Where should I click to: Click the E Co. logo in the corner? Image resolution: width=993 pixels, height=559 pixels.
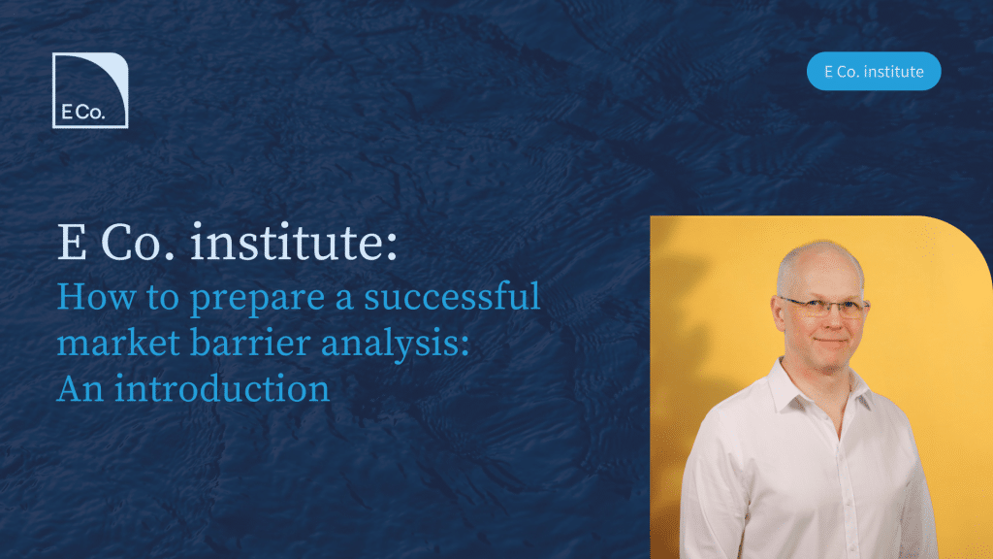(x=90, y=90)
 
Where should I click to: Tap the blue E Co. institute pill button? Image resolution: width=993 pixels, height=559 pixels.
(x=874, y=71)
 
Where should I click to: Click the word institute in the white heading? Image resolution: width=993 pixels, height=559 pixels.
(x=287, y=242)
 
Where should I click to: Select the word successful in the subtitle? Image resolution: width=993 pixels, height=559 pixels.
(x=452, y=296)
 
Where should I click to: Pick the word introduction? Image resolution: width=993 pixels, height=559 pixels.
(x=222, y=388)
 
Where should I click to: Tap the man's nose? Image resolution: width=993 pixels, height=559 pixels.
(x=827, y=321)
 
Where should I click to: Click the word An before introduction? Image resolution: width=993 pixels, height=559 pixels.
(x=81, y=388)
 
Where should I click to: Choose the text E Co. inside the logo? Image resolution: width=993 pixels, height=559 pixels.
(x=83, y=113)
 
